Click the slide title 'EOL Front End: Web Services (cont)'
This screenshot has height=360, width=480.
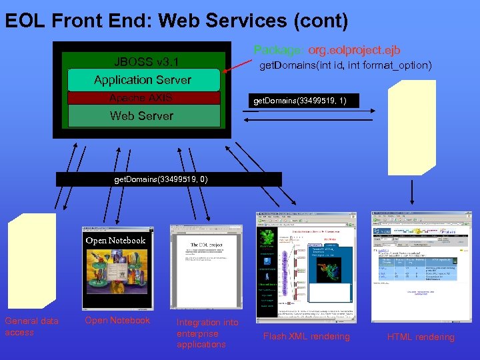177,21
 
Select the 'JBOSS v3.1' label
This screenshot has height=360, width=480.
145,62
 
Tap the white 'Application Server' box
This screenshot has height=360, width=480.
143,80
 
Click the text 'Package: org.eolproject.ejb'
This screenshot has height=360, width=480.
327,50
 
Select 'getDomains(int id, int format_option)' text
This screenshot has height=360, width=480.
345,65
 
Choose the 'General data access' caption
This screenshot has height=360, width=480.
32,327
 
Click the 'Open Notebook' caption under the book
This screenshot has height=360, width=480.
117,321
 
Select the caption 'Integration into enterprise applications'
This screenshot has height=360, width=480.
207,333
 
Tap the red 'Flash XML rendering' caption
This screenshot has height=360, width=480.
306,337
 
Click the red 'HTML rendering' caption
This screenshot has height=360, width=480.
421,337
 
